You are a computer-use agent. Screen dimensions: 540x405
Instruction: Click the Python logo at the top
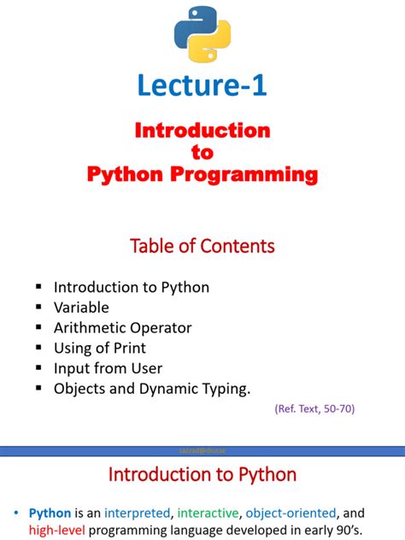[202, 33]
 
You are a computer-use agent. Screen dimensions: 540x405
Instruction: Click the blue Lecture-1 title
[202, 85]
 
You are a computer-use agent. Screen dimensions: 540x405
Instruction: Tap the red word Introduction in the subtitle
[202, 131]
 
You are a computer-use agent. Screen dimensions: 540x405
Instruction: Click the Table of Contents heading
[202, 246]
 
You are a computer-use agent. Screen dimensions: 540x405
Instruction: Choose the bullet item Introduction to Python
[131, 287]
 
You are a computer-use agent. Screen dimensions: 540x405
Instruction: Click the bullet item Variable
[81, 308]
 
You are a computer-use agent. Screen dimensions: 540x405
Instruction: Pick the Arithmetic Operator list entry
[122, 328]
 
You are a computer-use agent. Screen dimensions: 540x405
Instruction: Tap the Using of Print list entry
[100, 348]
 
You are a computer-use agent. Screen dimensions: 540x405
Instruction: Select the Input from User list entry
[108, 368]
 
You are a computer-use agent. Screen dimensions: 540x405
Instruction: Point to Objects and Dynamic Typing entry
[152, 389]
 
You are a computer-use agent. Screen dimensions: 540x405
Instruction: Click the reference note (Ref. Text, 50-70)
[314, 409]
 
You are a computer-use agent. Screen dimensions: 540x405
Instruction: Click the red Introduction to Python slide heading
[202, 475]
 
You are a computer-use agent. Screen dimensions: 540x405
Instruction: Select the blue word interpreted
[137, 514]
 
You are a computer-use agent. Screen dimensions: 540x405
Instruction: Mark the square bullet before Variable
[38, 308]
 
